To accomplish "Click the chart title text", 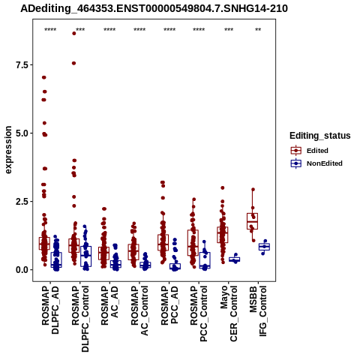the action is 154,9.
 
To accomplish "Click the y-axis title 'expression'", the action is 8,150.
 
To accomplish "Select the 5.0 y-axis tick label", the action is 21,133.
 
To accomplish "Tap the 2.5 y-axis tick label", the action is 21,202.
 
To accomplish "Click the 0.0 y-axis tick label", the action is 21,270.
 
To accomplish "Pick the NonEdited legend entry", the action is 316,163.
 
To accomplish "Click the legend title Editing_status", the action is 320,136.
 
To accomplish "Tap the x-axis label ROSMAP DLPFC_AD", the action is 50,310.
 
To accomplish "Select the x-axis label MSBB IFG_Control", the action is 258,311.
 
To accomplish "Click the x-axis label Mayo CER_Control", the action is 229,313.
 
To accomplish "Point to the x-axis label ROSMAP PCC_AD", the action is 169,305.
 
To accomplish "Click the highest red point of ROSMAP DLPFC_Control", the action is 74,34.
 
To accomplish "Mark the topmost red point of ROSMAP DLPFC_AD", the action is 44,77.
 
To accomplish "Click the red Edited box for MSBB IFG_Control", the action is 252,221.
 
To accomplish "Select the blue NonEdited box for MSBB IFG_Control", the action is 264,247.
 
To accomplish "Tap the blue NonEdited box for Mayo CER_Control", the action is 235,259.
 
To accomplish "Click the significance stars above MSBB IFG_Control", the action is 258,30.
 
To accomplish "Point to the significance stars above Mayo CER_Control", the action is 229,30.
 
